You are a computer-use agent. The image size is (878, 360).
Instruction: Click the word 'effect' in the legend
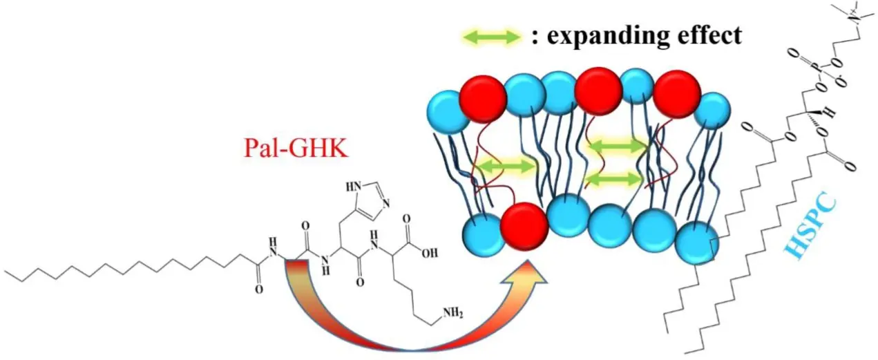pyautogui.click(x=709, y=35)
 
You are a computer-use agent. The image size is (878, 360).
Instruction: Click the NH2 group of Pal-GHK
pyautogui.click(x=452, y=313)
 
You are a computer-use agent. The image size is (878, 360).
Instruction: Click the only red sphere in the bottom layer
pyautogui.click(x=524, y=226)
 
